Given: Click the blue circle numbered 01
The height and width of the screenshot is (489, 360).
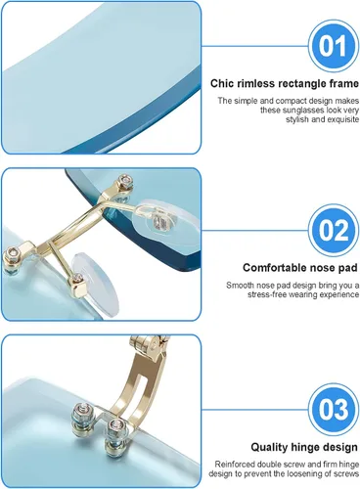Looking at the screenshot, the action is click(x=334, y=46).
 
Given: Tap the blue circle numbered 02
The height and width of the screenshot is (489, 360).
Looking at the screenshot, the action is click(x=334, y=230).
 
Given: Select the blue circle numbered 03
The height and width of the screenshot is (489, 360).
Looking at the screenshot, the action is click(x=334, y=410).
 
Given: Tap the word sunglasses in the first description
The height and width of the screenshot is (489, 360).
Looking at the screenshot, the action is click(x=294, y=111).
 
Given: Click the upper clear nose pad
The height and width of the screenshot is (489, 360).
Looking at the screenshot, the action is click(x=167, y=218).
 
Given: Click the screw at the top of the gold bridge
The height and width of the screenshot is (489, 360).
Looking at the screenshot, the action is click(x=124, y=180).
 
